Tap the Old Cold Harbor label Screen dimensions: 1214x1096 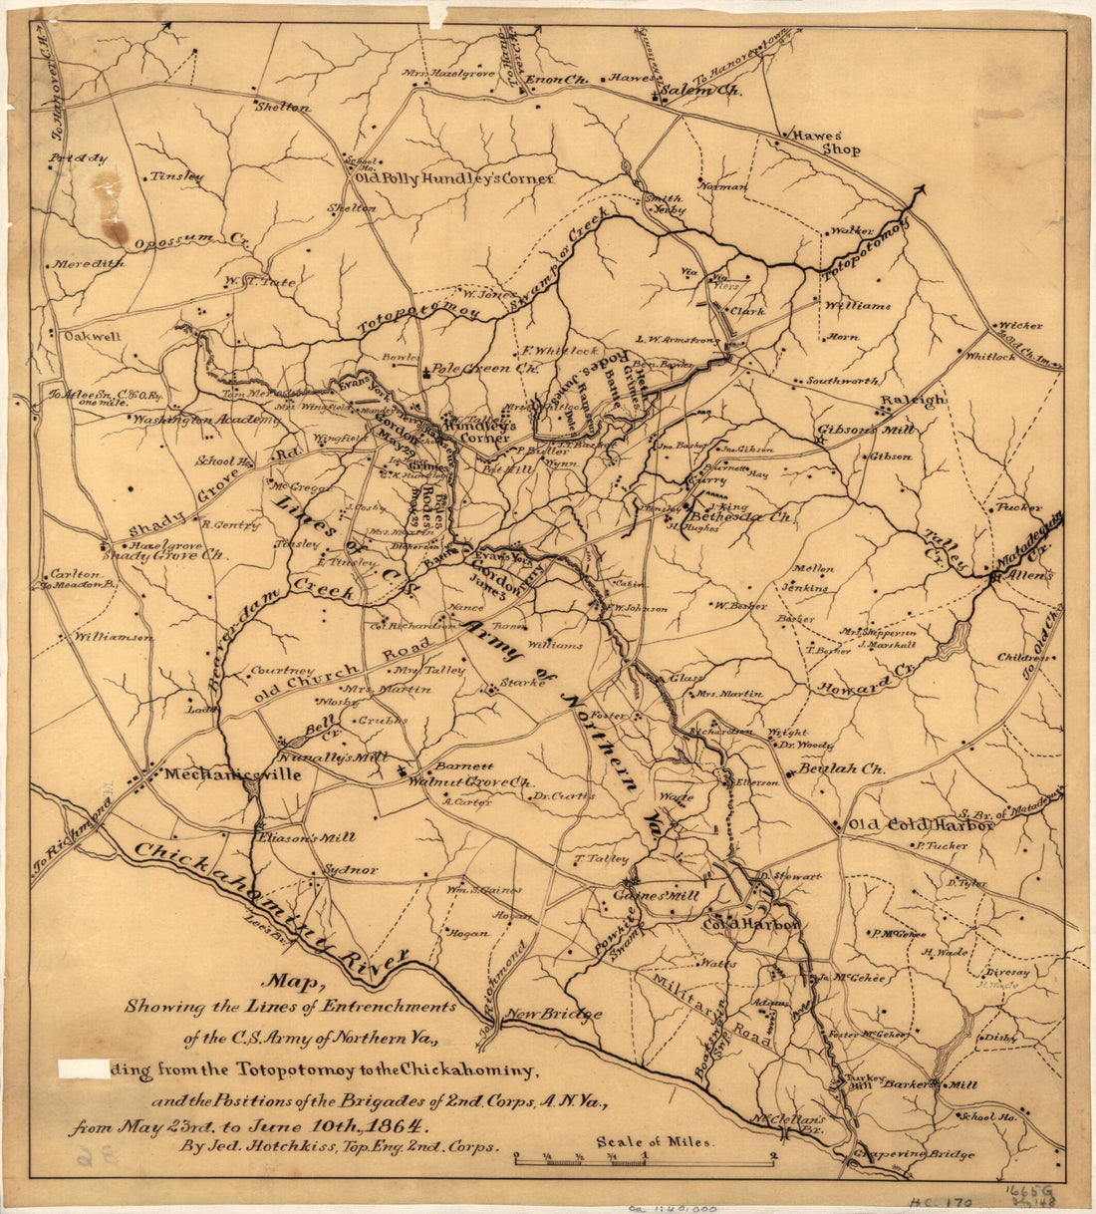pyautogui.click(x=920, y=825)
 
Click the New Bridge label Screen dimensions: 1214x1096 pyautogui.click(x=552, y=1015)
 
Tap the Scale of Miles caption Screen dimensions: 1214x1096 pyautogui.click(x=655, y=1142)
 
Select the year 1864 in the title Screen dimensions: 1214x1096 pyautogui.click(x=402, y=1127)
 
